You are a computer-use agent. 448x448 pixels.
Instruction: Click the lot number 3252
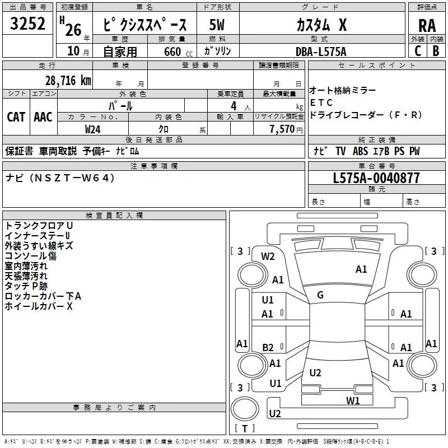(28, 24)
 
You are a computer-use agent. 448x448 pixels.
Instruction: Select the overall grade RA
(427, 25)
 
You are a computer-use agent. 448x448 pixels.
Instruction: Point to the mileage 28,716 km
(66, 81)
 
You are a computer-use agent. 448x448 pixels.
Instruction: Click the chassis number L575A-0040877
(376, 179)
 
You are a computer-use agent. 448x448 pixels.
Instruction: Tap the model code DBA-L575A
(321, 52)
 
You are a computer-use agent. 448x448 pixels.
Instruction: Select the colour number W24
(93, 129)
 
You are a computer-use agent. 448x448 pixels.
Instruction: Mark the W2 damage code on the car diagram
(268, 256)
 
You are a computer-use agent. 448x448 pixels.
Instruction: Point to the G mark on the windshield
(320, 295)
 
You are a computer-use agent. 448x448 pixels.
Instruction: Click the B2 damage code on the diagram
(268, 347)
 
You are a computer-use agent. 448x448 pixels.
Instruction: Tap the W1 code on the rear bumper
(352, 400)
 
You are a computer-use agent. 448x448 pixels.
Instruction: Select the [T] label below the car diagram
(244, 429)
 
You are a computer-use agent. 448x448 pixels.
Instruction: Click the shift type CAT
(16, 116)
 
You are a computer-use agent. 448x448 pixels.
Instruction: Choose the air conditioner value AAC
(43, 116)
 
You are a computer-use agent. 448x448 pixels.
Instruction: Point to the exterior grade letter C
(417, 51)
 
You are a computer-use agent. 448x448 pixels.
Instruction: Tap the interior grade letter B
(436, 51)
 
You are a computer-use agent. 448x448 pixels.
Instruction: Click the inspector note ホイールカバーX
(39, 306)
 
